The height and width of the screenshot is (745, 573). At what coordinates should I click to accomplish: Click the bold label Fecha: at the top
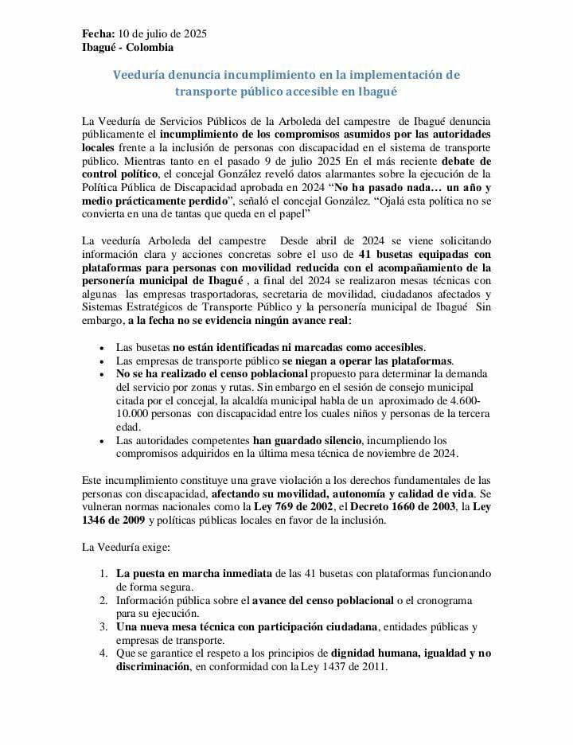[98, 33]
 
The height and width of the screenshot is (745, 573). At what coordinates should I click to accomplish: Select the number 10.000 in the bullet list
[133, 414]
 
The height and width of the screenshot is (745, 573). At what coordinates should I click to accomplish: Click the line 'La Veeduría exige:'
[124, 548]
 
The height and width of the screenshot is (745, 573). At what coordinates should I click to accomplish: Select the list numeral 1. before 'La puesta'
[103, 574]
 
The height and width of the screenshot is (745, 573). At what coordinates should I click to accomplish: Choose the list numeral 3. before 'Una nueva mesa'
[103, 627]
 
